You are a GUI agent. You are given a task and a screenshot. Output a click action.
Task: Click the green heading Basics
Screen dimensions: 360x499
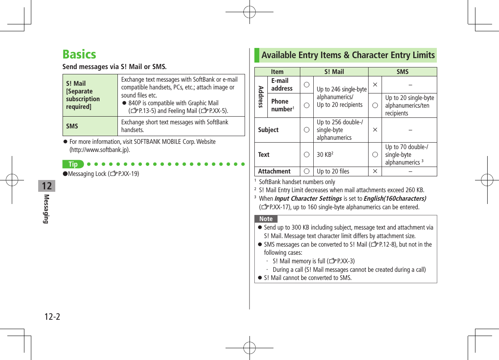(x=79, y=54)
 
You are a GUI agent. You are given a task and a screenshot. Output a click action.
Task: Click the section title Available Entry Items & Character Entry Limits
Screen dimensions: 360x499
(x=348, y=55)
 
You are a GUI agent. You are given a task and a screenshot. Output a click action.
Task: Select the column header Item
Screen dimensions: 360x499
(x=277, y=72)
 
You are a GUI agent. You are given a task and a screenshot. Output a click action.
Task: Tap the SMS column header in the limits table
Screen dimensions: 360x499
(x=402, y=72)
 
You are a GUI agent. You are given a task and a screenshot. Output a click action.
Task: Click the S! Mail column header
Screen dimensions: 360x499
(x=334, y=72)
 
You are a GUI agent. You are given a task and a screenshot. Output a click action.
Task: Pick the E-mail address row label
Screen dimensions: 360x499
(x=282, y=85)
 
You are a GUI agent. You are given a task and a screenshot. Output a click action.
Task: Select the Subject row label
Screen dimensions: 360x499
(x=268, y=130)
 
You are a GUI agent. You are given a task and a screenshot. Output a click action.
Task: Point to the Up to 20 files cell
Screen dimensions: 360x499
(x=333, y=171)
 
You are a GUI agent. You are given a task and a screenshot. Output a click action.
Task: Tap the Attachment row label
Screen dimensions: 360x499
(x=274, y=171)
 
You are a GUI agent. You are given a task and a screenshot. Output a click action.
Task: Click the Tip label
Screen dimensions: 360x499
(x=73, y=165)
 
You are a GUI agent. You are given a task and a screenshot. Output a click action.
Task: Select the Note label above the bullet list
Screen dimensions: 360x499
(x=266, y=219)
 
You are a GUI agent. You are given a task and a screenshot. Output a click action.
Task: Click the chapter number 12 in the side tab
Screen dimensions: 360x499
(x=47, y=186)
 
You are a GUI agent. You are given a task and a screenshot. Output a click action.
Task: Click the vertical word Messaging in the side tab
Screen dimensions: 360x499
(x=47, y=209)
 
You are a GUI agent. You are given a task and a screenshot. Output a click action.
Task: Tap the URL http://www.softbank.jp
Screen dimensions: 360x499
(x=100, y=150)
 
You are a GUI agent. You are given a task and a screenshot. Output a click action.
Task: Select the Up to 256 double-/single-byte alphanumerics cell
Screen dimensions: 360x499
(x=340, y=130)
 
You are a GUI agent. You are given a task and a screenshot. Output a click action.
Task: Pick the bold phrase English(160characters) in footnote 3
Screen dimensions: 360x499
(x=395, y=199)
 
